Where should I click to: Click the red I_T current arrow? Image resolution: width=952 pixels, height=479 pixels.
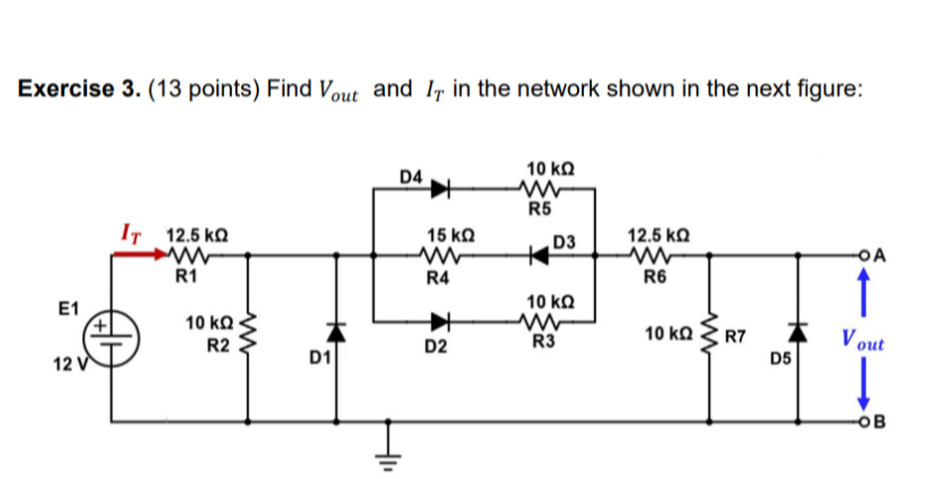[139, 254]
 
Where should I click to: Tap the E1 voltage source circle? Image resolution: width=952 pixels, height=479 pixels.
[113, 335]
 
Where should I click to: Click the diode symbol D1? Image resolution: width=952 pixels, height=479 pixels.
[336, 332]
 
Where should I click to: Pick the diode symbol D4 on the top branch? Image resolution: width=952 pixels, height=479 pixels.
[440, 188]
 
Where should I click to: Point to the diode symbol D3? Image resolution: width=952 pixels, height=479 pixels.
[539, 256]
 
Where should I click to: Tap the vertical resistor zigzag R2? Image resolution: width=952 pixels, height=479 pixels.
[247, 336]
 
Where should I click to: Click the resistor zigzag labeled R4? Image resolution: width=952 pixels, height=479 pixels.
[441, 256]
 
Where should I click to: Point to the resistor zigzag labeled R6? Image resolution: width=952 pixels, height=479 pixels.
[650, 256]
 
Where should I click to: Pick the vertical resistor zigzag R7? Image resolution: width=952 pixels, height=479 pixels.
[708, 336]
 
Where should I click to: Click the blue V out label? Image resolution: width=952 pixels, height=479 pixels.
[862, 343]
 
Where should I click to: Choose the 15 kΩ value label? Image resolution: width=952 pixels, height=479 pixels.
[450, 234]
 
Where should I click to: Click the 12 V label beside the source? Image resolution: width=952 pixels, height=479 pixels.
[67, 365]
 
